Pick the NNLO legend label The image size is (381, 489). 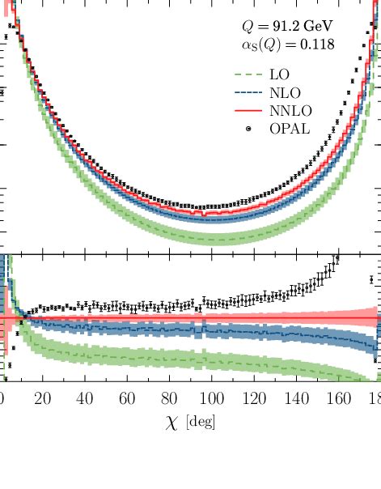click(300, 110)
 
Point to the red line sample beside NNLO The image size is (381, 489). click(249, 110)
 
